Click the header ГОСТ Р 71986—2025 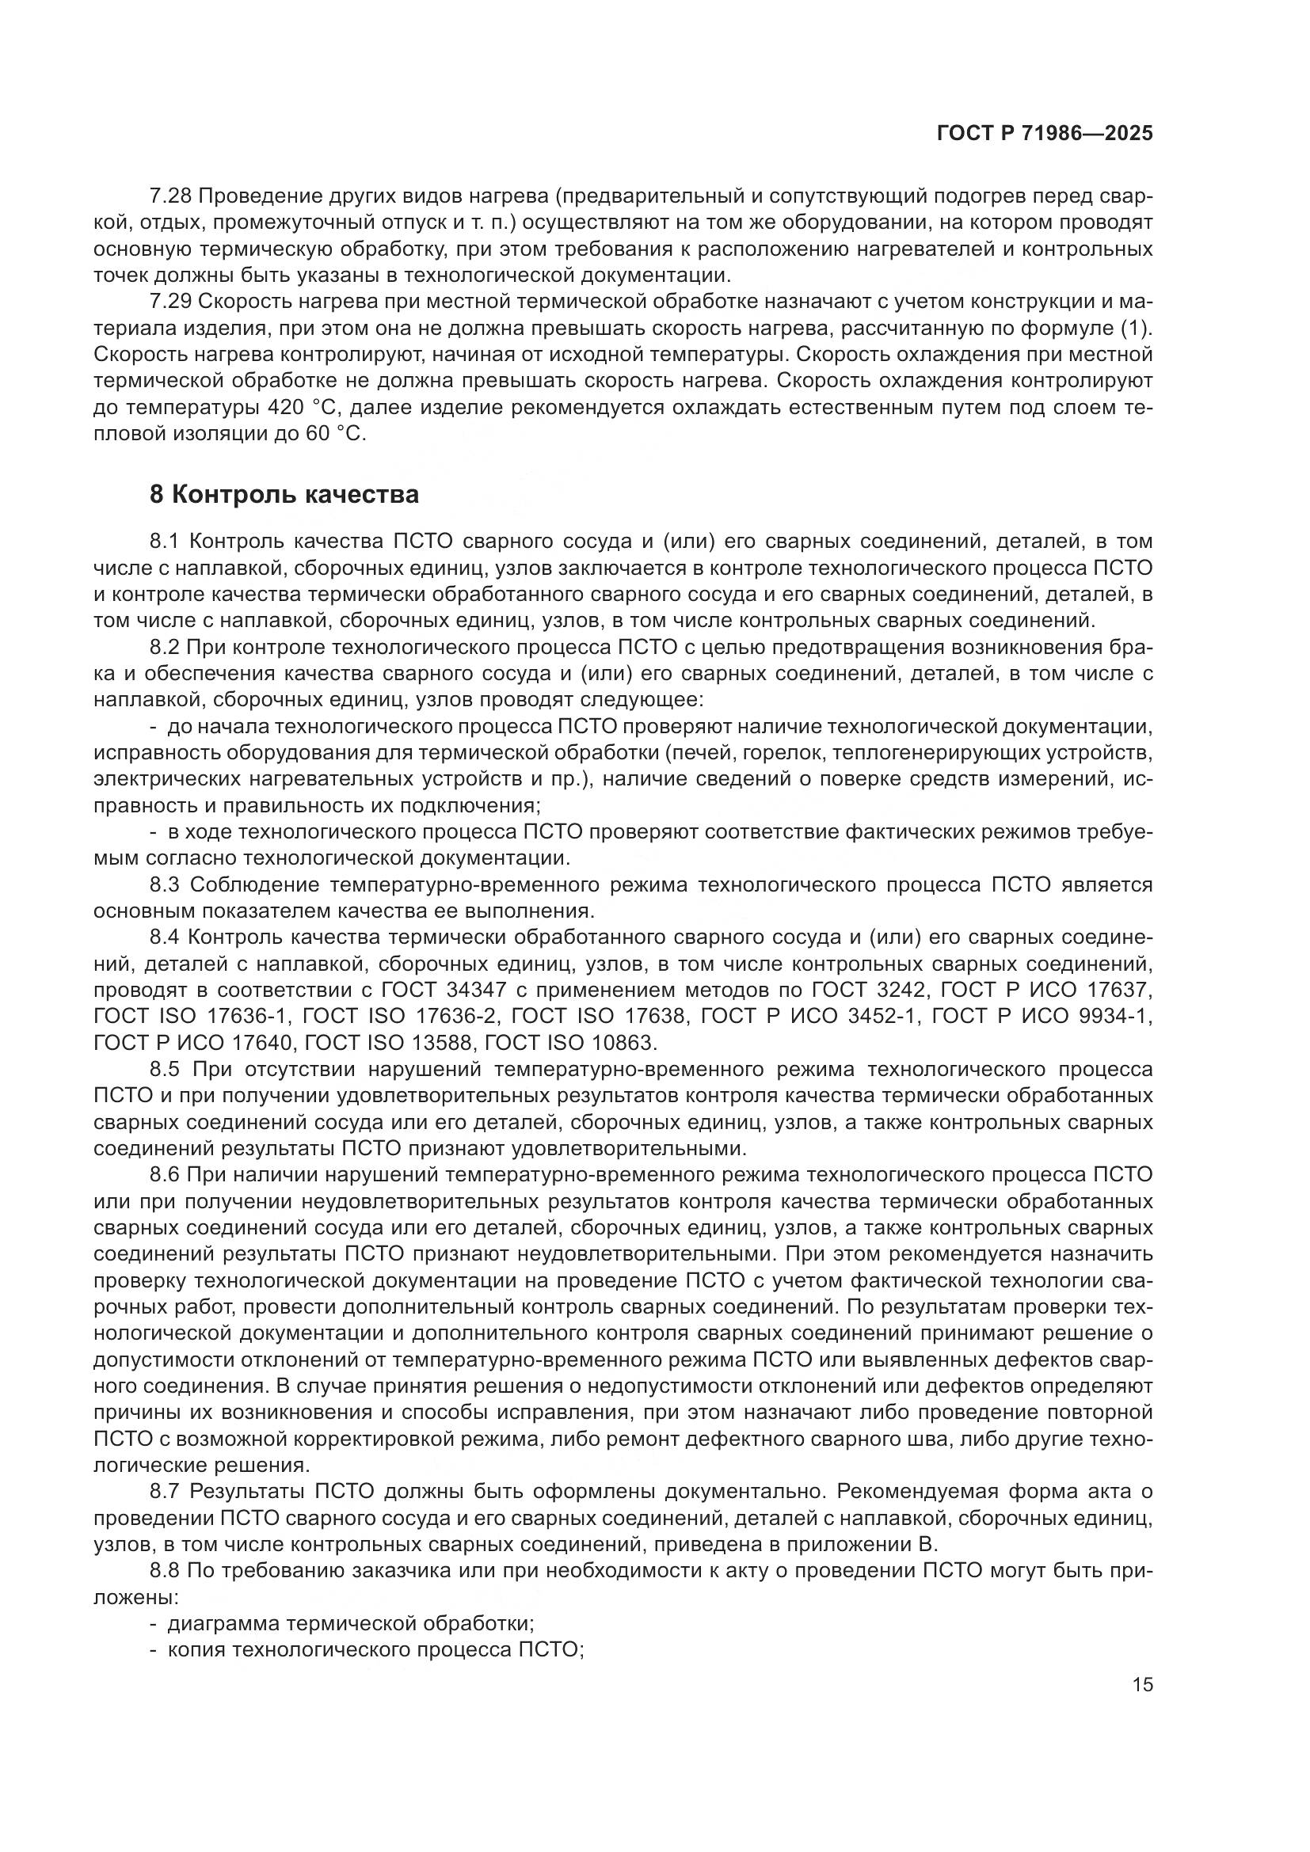point(1045,134)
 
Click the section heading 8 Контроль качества point(284,494)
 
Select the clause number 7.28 point(169,196)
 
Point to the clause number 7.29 point(169,302)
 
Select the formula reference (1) point(1137,329)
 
